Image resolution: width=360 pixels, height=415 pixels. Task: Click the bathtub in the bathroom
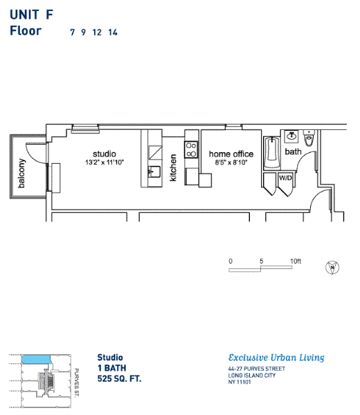[x=272, y=153]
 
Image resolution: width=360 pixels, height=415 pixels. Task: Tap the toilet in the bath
[x=309, y=138]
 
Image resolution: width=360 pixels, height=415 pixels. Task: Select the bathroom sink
[x=291, y=136]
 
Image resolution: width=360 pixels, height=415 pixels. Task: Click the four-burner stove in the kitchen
[x=191, y=149]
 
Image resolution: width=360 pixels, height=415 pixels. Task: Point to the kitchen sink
[x=154, y=172]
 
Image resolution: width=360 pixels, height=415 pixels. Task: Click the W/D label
[x=285, y=178]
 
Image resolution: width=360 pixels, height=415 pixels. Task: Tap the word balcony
[x=21, y=174]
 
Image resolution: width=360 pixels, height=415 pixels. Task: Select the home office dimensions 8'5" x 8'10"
[x=231, y=163]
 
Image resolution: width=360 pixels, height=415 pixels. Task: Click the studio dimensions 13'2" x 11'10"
[x=105, y=163]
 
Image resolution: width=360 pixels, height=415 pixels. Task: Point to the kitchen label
[x=172, y=168]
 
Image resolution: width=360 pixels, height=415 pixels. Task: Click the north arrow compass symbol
[x=332, y=267]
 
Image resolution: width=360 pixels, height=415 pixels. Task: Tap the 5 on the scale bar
[x=261, y=261]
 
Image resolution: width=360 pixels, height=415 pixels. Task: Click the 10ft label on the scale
[x=296, y=261]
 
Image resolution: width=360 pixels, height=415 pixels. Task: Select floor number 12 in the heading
[x=97, y=33]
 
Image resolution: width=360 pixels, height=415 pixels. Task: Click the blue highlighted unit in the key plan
[x=36, y=359]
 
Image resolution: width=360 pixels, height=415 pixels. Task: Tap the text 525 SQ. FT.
[x=119, y=378]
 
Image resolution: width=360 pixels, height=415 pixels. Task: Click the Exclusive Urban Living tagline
[x=276, y=358]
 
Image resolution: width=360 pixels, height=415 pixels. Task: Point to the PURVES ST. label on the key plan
[x=76, y=382]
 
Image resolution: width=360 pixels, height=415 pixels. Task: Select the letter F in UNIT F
[x=50, y=15]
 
